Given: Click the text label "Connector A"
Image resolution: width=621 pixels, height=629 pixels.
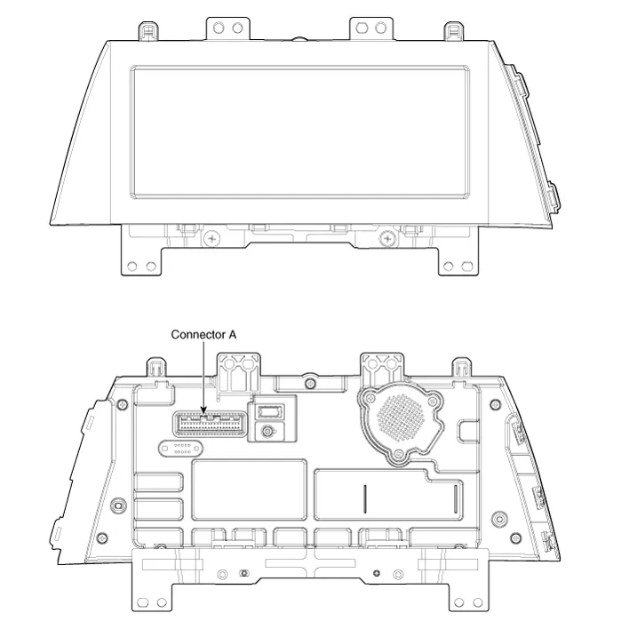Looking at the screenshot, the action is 203,335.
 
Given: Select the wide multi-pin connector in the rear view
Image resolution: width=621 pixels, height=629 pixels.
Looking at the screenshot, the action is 210,425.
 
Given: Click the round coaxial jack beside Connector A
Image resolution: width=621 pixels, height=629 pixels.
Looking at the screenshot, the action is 267,432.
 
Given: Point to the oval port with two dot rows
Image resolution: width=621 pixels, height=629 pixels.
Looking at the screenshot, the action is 180,449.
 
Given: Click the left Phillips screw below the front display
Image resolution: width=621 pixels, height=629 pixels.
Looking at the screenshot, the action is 211,239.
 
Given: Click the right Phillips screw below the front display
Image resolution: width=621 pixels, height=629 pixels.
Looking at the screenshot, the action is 387,239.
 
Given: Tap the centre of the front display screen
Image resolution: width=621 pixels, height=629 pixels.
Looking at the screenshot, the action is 299,132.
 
